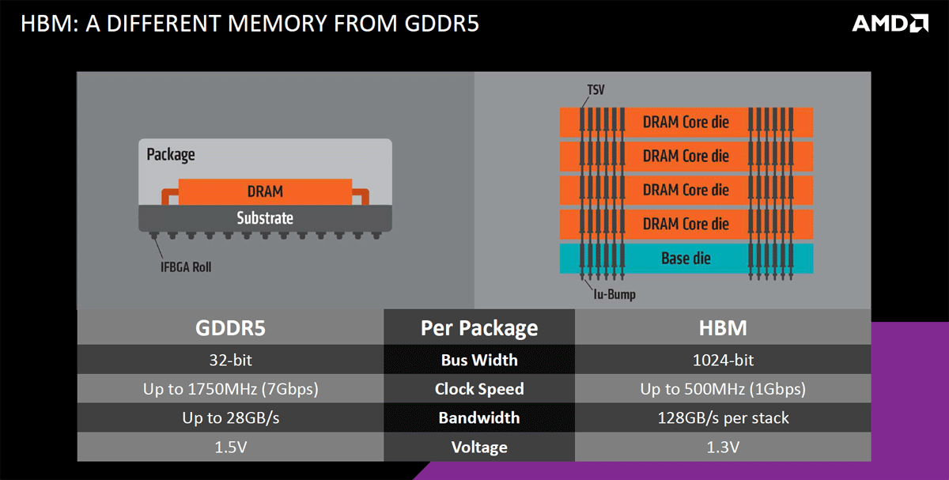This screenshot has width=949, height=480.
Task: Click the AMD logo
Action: point(890,24)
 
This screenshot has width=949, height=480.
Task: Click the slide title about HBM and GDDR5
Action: point(249,24)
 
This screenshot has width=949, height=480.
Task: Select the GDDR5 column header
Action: point(229,327)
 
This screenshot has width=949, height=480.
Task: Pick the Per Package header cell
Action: point(479,327)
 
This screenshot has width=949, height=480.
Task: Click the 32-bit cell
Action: point(229,360)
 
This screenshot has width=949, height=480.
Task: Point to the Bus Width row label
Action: point(479,360)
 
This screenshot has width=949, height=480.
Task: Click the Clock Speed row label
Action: point(479,389)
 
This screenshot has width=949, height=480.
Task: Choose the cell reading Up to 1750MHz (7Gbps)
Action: point(229,389)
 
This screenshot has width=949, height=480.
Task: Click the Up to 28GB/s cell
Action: point(229,418)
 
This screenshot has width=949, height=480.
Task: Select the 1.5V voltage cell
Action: point(229,447)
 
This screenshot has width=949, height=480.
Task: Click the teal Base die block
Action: point(686,259)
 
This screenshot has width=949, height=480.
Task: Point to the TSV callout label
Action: point(595,90)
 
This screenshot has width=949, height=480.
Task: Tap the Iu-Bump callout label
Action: point(614,295)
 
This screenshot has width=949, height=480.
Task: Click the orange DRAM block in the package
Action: point(265,191)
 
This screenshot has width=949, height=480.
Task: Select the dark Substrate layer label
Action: point(265,217)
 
